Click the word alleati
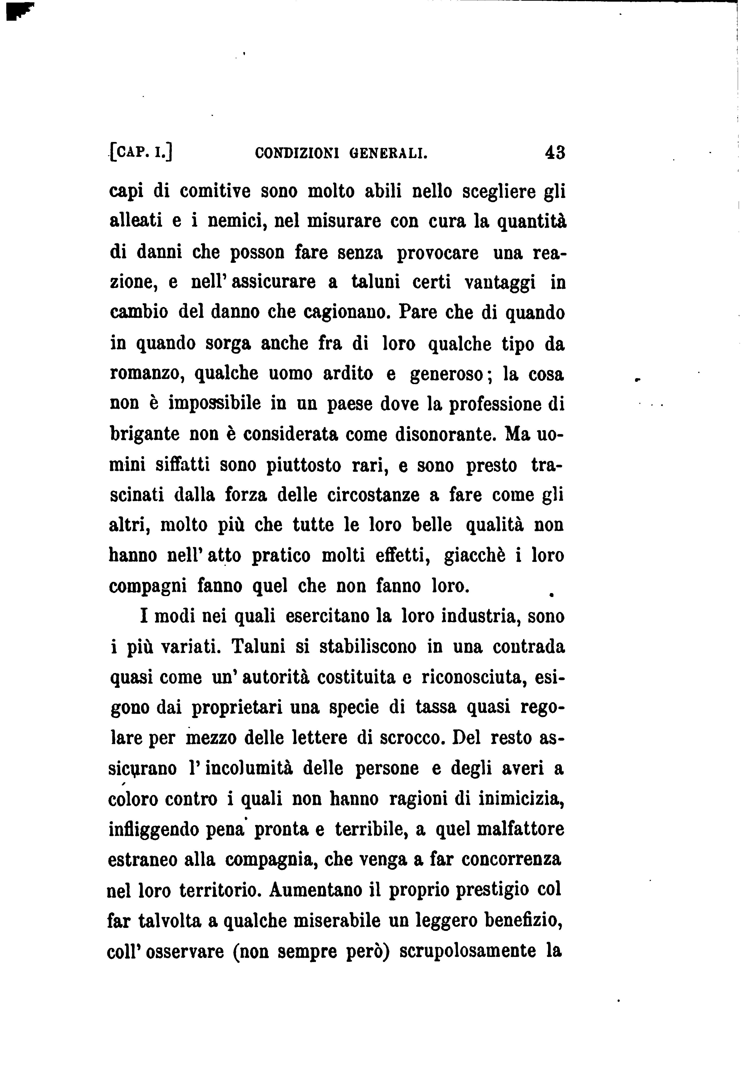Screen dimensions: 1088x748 tap(136, 221)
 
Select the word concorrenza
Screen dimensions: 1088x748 tap(511, 860)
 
